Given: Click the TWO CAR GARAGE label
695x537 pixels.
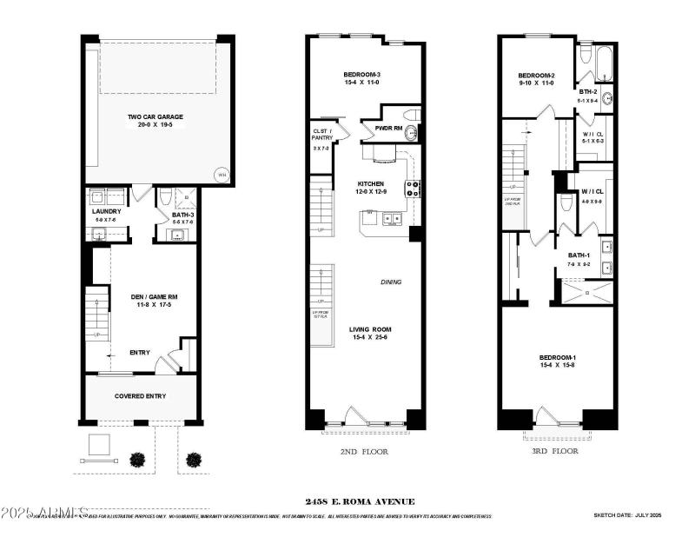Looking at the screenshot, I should coord(155,116).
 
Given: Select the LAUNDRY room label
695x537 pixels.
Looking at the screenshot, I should coord(105,211).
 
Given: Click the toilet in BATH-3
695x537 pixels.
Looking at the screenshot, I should coord(165,199).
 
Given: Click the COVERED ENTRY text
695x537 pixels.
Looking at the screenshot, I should coord(140,396).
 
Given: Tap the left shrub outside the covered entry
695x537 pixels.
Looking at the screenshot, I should coord(136,459).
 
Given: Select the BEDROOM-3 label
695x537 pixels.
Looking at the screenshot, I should coord(362,76).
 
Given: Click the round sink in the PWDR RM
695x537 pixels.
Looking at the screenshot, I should coord(411,133).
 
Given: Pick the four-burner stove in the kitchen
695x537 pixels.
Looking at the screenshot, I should coord(413,189).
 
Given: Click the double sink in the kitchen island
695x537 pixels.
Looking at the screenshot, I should coord(392,219).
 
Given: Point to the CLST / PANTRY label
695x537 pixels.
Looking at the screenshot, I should coord(323,136).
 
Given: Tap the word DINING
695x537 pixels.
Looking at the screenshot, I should coord(391,282).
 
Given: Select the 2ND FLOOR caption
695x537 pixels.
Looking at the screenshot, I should coord(365,452).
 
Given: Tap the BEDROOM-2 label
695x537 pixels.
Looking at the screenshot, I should coord(536,76).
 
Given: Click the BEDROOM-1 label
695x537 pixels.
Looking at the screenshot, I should coord(557,358).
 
